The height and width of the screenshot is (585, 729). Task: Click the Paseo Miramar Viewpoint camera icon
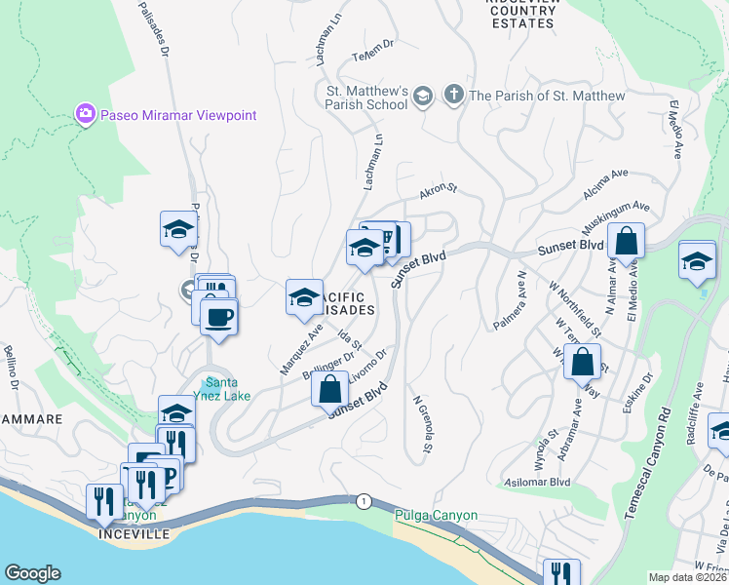[x=86, y=115]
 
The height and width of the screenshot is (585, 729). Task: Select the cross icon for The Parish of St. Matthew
[x=452, y=96]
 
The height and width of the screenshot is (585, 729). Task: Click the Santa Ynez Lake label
[x=228, y=389]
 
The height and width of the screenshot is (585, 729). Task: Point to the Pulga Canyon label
[x=436, y=515]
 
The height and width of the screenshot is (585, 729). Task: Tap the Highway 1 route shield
[x=364, y=500]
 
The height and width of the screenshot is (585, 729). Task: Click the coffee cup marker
[x=219, y=316]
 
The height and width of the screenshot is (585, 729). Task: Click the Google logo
[x=32, y=573]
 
